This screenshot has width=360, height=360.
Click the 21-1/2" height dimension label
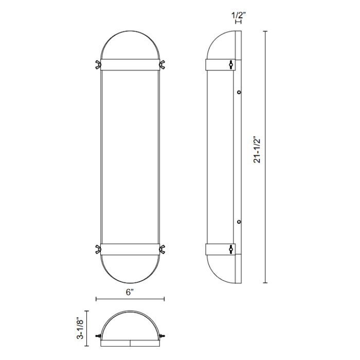tap(257, 150)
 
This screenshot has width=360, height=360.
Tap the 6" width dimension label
tap(130, 292)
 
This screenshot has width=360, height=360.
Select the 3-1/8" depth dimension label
tap(81, 328)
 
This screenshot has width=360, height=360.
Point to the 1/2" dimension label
tap(238, 15)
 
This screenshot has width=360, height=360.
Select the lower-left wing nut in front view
tap(98, 249)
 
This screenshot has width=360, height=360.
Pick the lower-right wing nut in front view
tap(162, 249)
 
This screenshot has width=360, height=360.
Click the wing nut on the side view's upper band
tap(231, 65)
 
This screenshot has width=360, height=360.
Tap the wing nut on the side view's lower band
tap(231, 249)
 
